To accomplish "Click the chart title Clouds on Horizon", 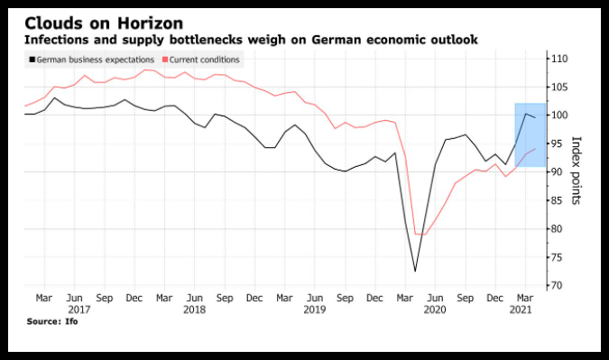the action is pos(104,23).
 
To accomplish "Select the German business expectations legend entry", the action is pos(92,60).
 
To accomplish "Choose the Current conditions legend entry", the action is pos(201,60).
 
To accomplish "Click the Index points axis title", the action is pos(576,171).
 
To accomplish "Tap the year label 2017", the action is pos(78,309).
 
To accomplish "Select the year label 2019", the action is pos(315,309).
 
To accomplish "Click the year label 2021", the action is pos(521,309).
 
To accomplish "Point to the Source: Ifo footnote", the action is pos(52,321).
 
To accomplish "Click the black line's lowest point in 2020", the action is pos(415,271).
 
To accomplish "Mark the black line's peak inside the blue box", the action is pos(525,114).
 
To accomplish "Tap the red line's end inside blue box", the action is pos(536,149).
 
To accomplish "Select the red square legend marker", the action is pos(165,60).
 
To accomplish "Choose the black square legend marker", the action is pos(32,60).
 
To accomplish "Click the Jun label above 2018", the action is pos(195,299).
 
